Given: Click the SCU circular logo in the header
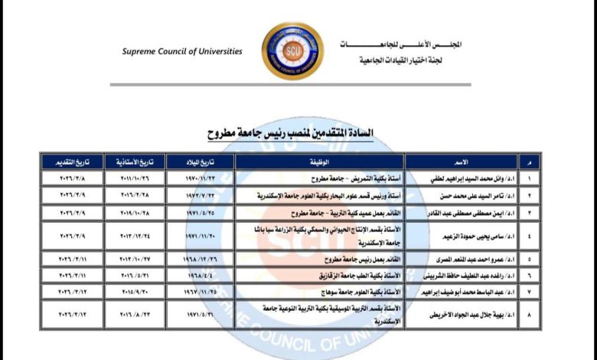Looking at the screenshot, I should point(292,51).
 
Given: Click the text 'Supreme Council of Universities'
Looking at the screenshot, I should point(182,51).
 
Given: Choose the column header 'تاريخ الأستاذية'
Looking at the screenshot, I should point(139,162).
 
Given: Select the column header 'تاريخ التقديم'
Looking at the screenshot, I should point(76,162).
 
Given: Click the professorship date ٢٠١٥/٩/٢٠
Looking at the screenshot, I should point(139,291).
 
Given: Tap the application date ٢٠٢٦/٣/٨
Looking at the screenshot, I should point(76,178).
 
